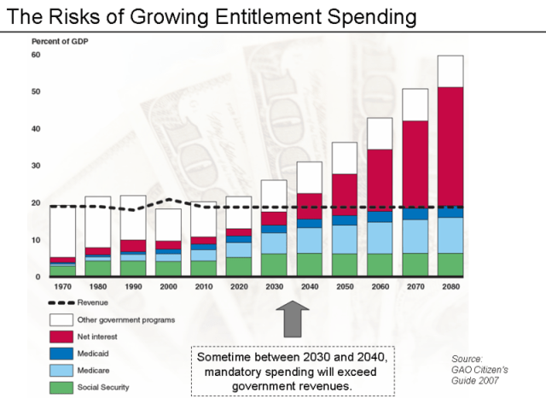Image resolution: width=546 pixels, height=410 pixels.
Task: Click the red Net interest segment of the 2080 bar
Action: (450, 145)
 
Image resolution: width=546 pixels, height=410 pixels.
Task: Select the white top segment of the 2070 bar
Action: (415, 104)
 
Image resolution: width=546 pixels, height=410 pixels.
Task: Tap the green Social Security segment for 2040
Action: (309, 265)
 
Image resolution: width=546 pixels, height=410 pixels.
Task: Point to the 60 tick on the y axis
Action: (36, 56)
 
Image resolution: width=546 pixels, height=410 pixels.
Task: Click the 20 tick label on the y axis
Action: (36, 203)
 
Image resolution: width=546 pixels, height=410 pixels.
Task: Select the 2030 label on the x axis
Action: (274, 288)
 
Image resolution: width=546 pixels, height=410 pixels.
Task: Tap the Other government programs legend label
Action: (126, 319)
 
